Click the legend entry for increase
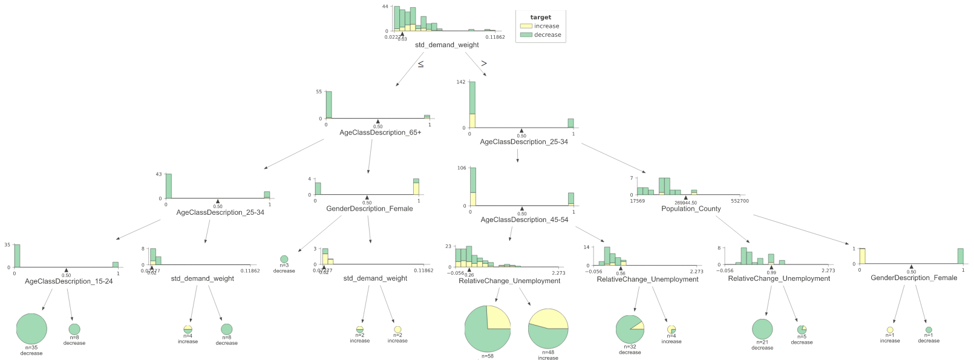pos(546,26)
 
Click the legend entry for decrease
pos(547,34)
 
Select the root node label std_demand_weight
pos(446,45)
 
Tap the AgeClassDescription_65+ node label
pos(380,133)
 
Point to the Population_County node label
pos(691,209)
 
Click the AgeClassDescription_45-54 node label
pos(524,220)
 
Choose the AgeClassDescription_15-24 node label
pos(68,281)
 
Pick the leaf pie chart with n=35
pos(31,329)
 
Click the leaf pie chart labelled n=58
pos(488,329)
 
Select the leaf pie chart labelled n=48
pos(548,328)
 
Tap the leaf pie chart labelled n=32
pos(630,329)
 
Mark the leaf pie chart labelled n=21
pos(762,329)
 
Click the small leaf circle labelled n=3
pos(284,260)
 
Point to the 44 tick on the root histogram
pos(385,7)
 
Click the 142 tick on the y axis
pos(461,82)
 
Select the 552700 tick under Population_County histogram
pos(739,201)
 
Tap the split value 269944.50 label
pos(685,203)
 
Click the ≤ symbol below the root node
pos(420,64)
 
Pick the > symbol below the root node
pos(484,63)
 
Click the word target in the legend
pos(540,18)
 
